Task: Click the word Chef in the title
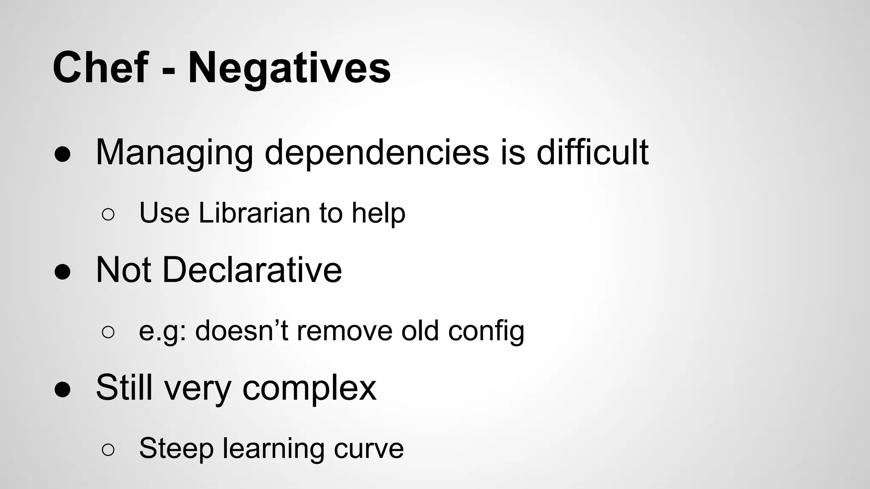pos(101,68)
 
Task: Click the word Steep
pos(176,449)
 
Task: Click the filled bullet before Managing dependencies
pos(62,155)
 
